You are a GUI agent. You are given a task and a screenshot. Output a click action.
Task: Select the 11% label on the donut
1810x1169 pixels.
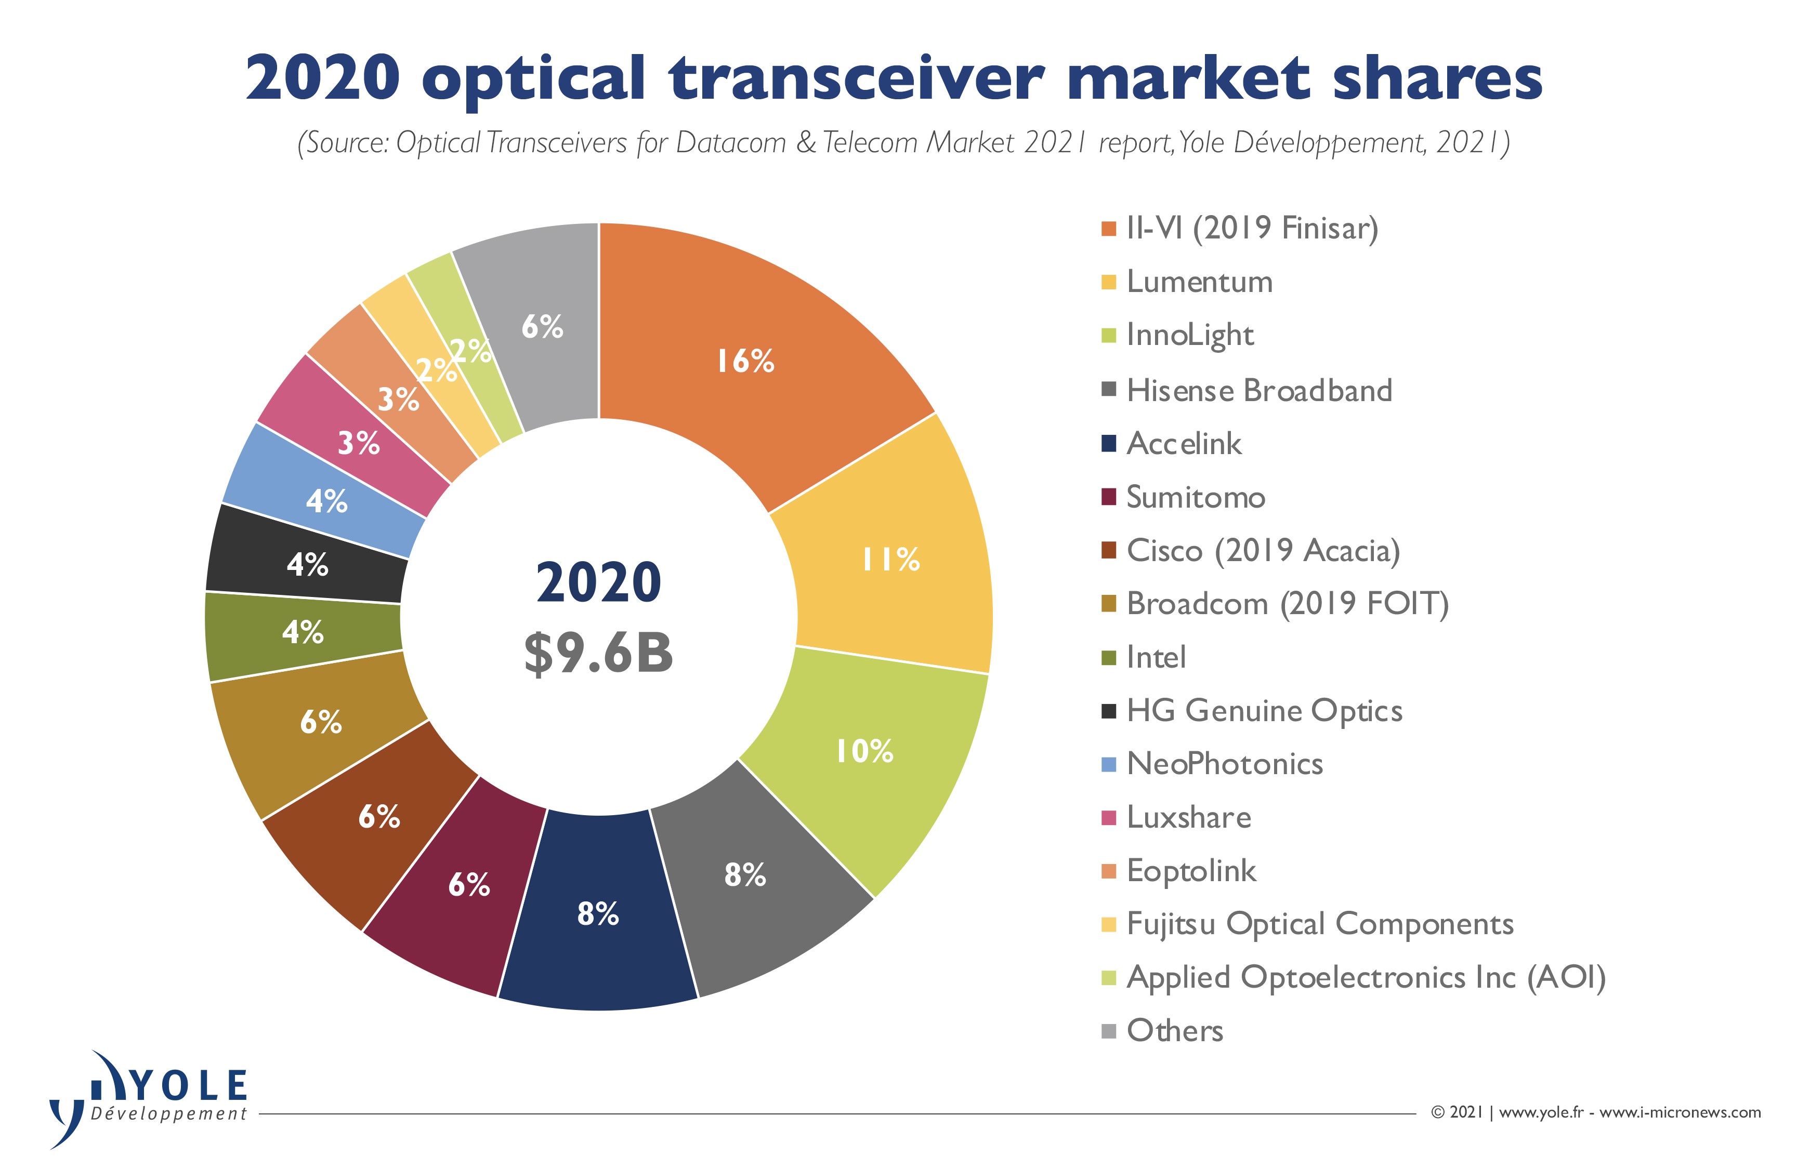pos(890,560)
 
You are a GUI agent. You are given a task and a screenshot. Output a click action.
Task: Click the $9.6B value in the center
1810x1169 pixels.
pos(598,653)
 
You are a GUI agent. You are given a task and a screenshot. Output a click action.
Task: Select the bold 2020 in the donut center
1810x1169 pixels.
pos(598,583)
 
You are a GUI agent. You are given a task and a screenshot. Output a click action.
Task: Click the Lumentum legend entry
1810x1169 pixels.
pos(1199,282)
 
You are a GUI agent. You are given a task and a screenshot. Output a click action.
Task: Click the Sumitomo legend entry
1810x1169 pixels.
pos(1196,497)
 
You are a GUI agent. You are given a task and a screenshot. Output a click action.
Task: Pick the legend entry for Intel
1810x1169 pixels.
pos(1156,657)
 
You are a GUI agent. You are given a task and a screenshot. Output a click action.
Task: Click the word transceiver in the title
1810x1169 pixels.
pos(857,78)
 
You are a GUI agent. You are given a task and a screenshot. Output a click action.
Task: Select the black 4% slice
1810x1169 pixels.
pos(307,564)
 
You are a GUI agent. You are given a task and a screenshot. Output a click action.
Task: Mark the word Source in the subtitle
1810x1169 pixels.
pos(346,143)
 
